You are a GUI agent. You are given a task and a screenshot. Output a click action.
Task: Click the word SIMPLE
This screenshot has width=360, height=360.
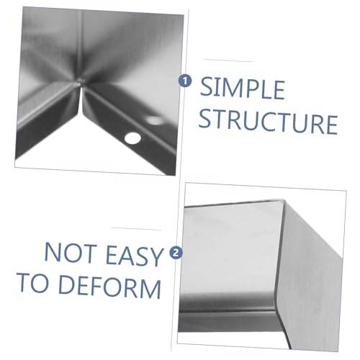[x=242, y=89]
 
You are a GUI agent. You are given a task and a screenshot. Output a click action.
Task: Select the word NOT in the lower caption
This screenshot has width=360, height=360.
[x=70, y=253]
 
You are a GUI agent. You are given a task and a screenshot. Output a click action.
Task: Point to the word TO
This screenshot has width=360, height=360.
[x=33, y=282]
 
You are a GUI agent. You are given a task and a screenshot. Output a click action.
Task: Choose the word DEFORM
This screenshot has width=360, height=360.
[x=109, y=287]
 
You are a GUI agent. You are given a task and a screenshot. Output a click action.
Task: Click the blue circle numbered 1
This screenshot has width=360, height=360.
[x=185, y=81]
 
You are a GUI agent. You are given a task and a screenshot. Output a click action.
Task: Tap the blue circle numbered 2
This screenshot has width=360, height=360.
[x=176, y=253]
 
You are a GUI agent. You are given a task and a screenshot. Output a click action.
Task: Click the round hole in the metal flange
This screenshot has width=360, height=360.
[x=132, y=138]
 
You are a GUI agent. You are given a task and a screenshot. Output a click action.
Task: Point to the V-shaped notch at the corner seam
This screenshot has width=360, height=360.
[x=81, y=101]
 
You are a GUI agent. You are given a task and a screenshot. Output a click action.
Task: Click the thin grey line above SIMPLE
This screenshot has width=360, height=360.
[x=228, y=60]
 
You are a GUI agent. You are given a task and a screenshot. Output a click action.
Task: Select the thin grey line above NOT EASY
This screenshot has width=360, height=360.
[x=136, y=229]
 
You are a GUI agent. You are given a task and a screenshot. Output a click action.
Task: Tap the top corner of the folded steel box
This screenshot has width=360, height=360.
[x=284, y=200]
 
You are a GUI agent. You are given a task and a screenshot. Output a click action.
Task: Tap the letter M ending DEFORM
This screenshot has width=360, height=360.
[x=150, y=289]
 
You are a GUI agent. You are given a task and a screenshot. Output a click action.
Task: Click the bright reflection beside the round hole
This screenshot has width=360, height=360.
[x=154, y=120]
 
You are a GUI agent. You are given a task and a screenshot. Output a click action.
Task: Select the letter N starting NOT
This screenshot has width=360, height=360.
[x=52, y=251]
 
